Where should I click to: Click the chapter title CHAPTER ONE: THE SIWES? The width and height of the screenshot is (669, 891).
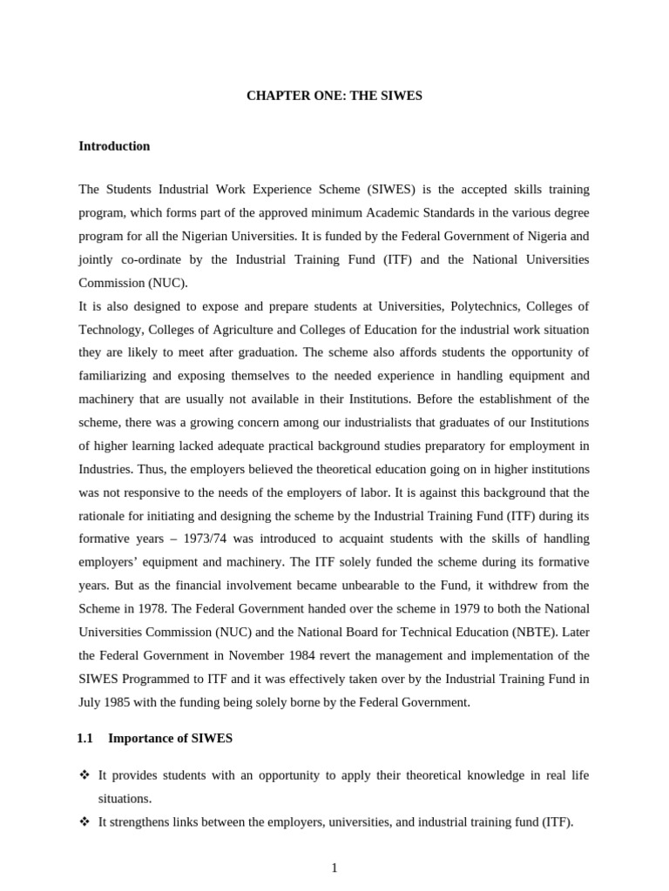(334, 96)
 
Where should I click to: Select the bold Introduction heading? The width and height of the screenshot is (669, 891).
(114, 146)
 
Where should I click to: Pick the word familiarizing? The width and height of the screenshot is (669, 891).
(115, 377)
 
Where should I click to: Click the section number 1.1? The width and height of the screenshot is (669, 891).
(84, 739)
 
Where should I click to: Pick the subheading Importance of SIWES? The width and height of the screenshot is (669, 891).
(170, 739)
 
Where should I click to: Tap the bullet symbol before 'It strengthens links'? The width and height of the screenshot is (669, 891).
(84, 821)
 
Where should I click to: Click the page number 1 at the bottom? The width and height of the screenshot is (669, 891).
(334, 868)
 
